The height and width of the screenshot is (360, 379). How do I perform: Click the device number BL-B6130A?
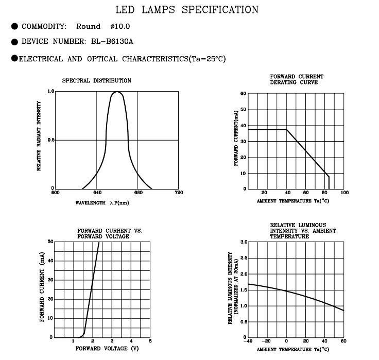[x=112, y=41]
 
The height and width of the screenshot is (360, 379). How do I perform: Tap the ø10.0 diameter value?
[x=120, y=26]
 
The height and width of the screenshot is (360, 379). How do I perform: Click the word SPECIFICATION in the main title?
[x=220, y=10]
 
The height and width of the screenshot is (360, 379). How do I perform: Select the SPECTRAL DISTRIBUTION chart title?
[x=97, y=80]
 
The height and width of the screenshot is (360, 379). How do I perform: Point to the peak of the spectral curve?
[x=117, y=92]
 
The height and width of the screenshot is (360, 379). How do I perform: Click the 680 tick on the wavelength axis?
[x=138, y=193]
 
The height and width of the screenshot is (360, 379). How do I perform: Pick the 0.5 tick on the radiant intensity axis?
[x=51, y=140]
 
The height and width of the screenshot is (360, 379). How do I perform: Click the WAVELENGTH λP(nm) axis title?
[x=102, y=203]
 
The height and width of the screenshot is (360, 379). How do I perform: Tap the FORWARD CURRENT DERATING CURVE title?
[x=297, y=79]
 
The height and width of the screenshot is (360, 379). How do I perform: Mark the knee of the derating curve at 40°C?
[x=286, y=129]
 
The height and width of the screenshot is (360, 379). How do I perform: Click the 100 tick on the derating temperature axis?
[x=344, y=193]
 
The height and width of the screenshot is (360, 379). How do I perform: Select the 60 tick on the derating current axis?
[x=243, y=94]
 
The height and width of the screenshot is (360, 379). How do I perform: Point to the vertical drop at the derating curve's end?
[x=329, y=183]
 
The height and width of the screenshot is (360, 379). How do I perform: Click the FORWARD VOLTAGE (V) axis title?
[x=107, y=348]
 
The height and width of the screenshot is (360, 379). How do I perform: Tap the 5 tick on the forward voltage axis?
[x=150, y=341]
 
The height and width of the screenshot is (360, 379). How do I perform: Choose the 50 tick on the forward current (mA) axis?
[x=50, y=242]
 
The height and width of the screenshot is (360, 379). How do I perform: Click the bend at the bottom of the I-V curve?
[x=84, y=334]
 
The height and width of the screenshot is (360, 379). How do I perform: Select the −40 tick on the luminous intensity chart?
[x=248, y=341]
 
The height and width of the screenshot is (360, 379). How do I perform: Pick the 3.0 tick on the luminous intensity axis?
[x=244, y=242]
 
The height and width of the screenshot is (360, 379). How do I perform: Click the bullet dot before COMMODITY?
[x=14, y=26]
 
